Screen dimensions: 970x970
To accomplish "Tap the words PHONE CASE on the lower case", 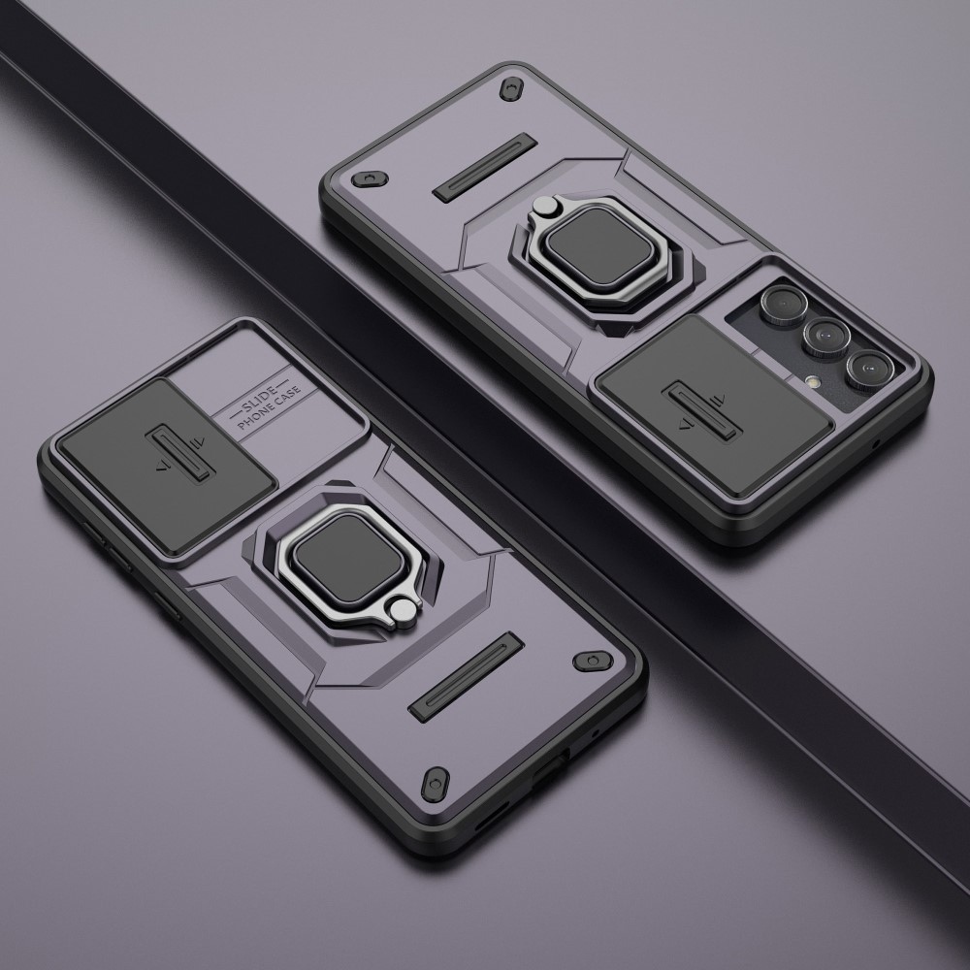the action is point(271,408).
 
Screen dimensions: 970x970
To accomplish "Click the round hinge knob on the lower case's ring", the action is point(404,612).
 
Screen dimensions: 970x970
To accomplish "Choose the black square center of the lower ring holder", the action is point(348,558).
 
